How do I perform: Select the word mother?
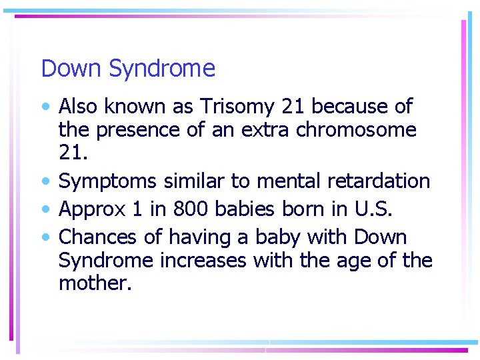[x=94, y=283]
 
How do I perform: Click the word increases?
[x=203, y=260]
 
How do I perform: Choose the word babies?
[x=248, y=209]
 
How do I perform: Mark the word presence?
[x=139, y=130]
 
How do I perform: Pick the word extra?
[x=262, y=129]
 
